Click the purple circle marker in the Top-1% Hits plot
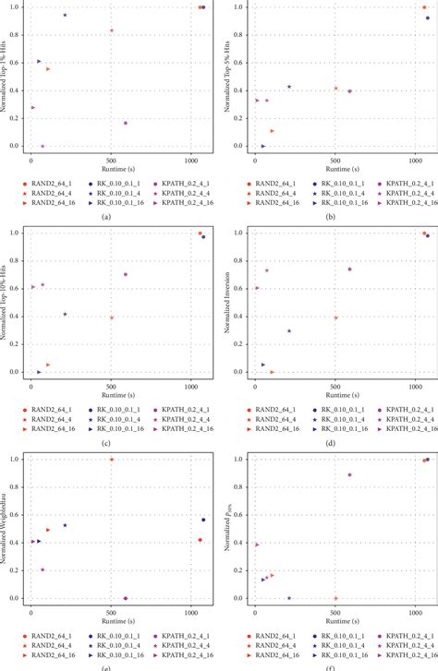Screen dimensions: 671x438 point(126,123)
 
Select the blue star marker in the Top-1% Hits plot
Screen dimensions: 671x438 point(65,16)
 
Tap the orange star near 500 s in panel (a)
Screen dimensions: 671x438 point(112,30)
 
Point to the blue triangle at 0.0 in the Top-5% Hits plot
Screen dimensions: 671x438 point(263,146)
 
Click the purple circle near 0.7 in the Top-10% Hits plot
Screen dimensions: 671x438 point(126,274)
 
